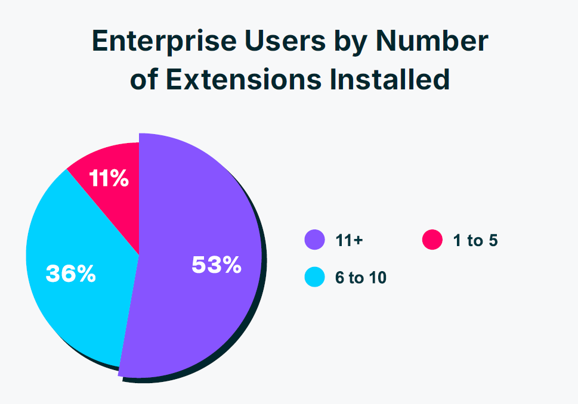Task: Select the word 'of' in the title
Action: [144, 80]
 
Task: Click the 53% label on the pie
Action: [216, 265]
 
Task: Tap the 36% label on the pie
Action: [70, 274]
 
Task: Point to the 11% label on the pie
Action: [109, 178]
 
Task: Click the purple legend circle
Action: [314, 240]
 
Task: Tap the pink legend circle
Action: [432, 240]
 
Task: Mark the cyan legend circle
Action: [314, 277]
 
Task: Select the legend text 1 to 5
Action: [475, 241]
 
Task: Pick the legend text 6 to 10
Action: [360, 278]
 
